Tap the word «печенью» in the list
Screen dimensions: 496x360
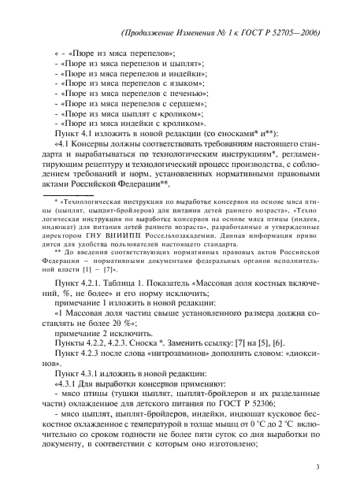click(185, 92)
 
